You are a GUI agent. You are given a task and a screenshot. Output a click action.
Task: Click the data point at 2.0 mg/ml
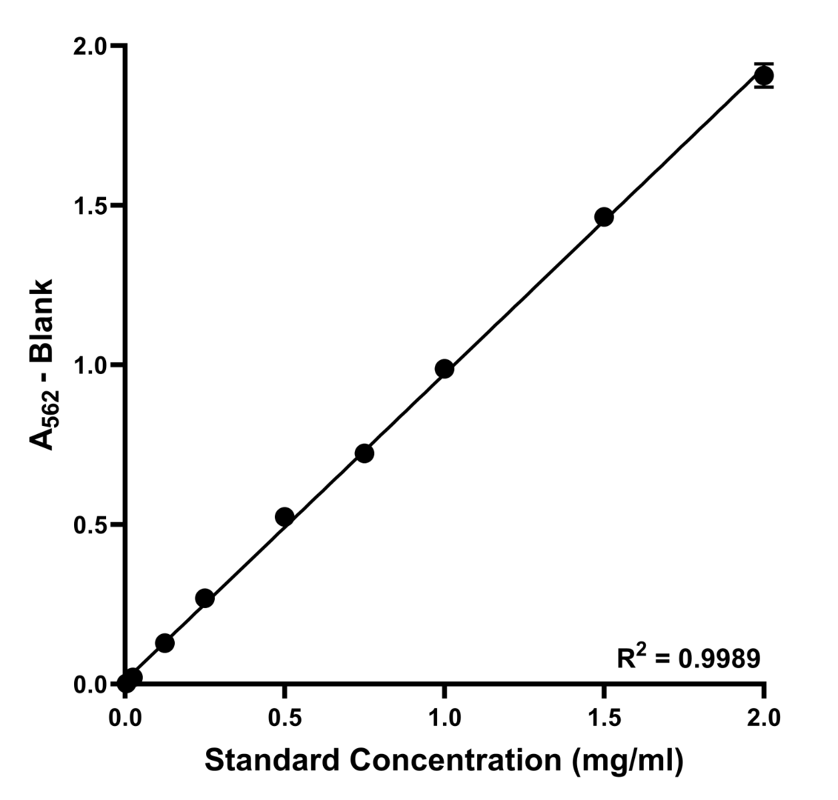pyautogui.click(x=764, y=76)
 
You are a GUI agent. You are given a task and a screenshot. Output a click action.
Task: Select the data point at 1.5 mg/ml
pyautogui.click(x=604, y=217)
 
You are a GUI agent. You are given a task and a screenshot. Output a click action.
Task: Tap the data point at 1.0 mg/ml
pyautogui.click(x=444, y=369)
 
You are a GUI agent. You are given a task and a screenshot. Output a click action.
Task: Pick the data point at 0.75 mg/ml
pyautogui.click(x=364, y=453)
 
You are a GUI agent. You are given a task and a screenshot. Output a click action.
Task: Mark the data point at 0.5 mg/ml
pyautogui.click(x=284, y=516)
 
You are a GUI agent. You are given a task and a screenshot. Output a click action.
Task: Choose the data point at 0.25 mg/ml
pyautogui.click(x=205, y=598)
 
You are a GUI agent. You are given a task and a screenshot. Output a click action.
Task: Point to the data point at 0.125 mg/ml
pyautogui.click(x=165, y=643)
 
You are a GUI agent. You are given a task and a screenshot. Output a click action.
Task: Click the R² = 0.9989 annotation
pyautogui.click(x=688, y=659)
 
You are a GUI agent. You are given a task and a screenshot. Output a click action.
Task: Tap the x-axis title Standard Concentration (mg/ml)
pyautogui.click(x=444, y=761)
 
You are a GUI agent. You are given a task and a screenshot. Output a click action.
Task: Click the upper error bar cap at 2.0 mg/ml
pyautogui.click(x=764, y=64)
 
